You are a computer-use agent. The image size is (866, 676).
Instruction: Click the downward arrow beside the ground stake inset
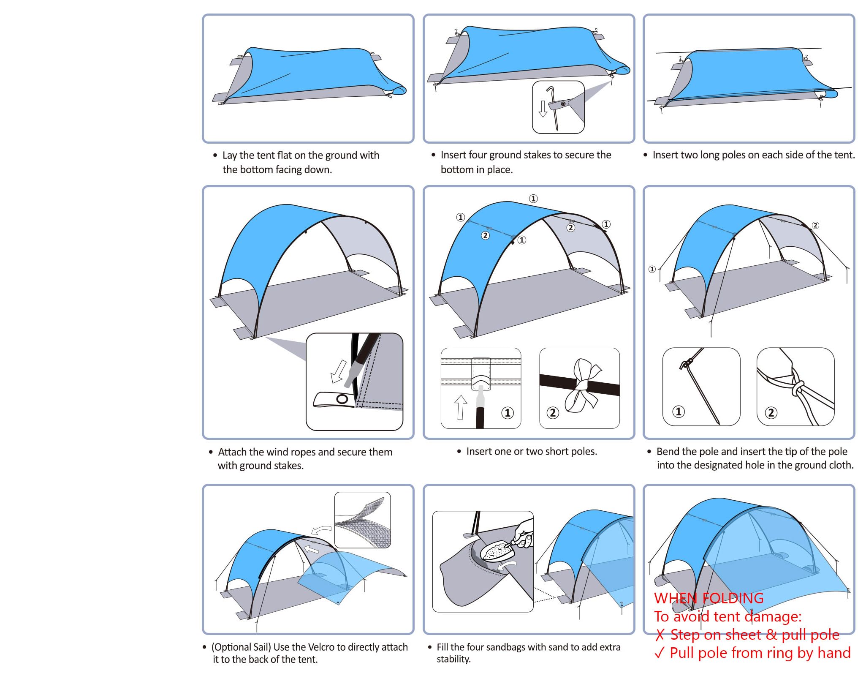coord(543,109)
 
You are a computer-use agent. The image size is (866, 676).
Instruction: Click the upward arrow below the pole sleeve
coord(461,407)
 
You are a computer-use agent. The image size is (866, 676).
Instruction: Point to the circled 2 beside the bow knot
coord(552,412)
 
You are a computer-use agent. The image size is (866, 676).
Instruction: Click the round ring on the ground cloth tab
coord(342,399)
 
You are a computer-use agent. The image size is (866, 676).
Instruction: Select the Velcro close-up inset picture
coord(363,520)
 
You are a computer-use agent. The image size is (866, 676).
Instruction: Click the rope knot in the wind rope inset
coord(797,388)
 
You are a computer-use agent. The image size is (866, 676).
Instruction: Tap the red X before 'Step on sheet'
coord(660,635)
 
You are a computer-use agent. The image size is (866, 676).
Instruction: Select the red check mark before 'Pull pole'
coord(660,653)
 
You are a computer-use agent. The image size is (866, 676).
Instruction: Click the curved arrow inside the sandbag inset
coord(508,565)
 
